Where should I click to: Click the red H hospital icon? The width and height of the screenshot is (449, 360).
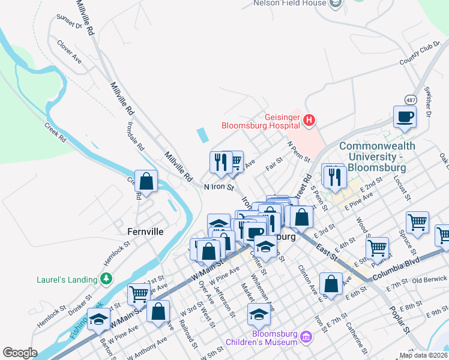click(x=309, y=121)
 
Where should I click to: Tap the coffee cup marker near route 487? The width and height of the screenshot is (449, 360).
click(x=404, y=116)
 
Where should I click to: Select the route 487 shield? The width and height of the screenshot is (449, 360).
click(x=410, y=98)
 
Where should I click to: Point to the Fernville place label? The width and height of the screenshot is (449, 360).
click(x=146, y=231)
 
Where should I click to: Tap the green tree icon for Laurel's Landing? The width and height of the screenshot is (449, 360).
click(x=106, y=279)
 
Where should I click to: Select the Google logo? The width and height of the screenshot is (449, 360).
click(x=20, y=353)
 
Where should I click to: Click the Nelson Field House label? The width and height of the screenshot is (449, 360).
click(x=290, y=3)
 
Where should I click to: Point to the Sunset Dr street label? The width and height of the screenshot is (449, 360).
click(x=68, y=22)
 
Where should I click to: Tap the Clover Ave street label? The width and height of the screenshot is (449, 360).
click(x=69, y=52)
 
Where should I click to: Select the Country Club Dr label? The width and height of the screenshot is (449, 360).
click(x=420, y=53)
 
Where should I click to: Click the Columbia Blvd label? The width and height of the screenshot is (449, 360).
click(x=396, y=276)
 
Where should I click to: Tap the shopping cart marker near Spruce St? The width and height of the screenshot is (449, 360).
click(x=417, y=222)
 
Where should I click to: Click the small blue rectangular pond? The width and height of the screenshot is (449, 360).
click(x=202, y=134)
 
